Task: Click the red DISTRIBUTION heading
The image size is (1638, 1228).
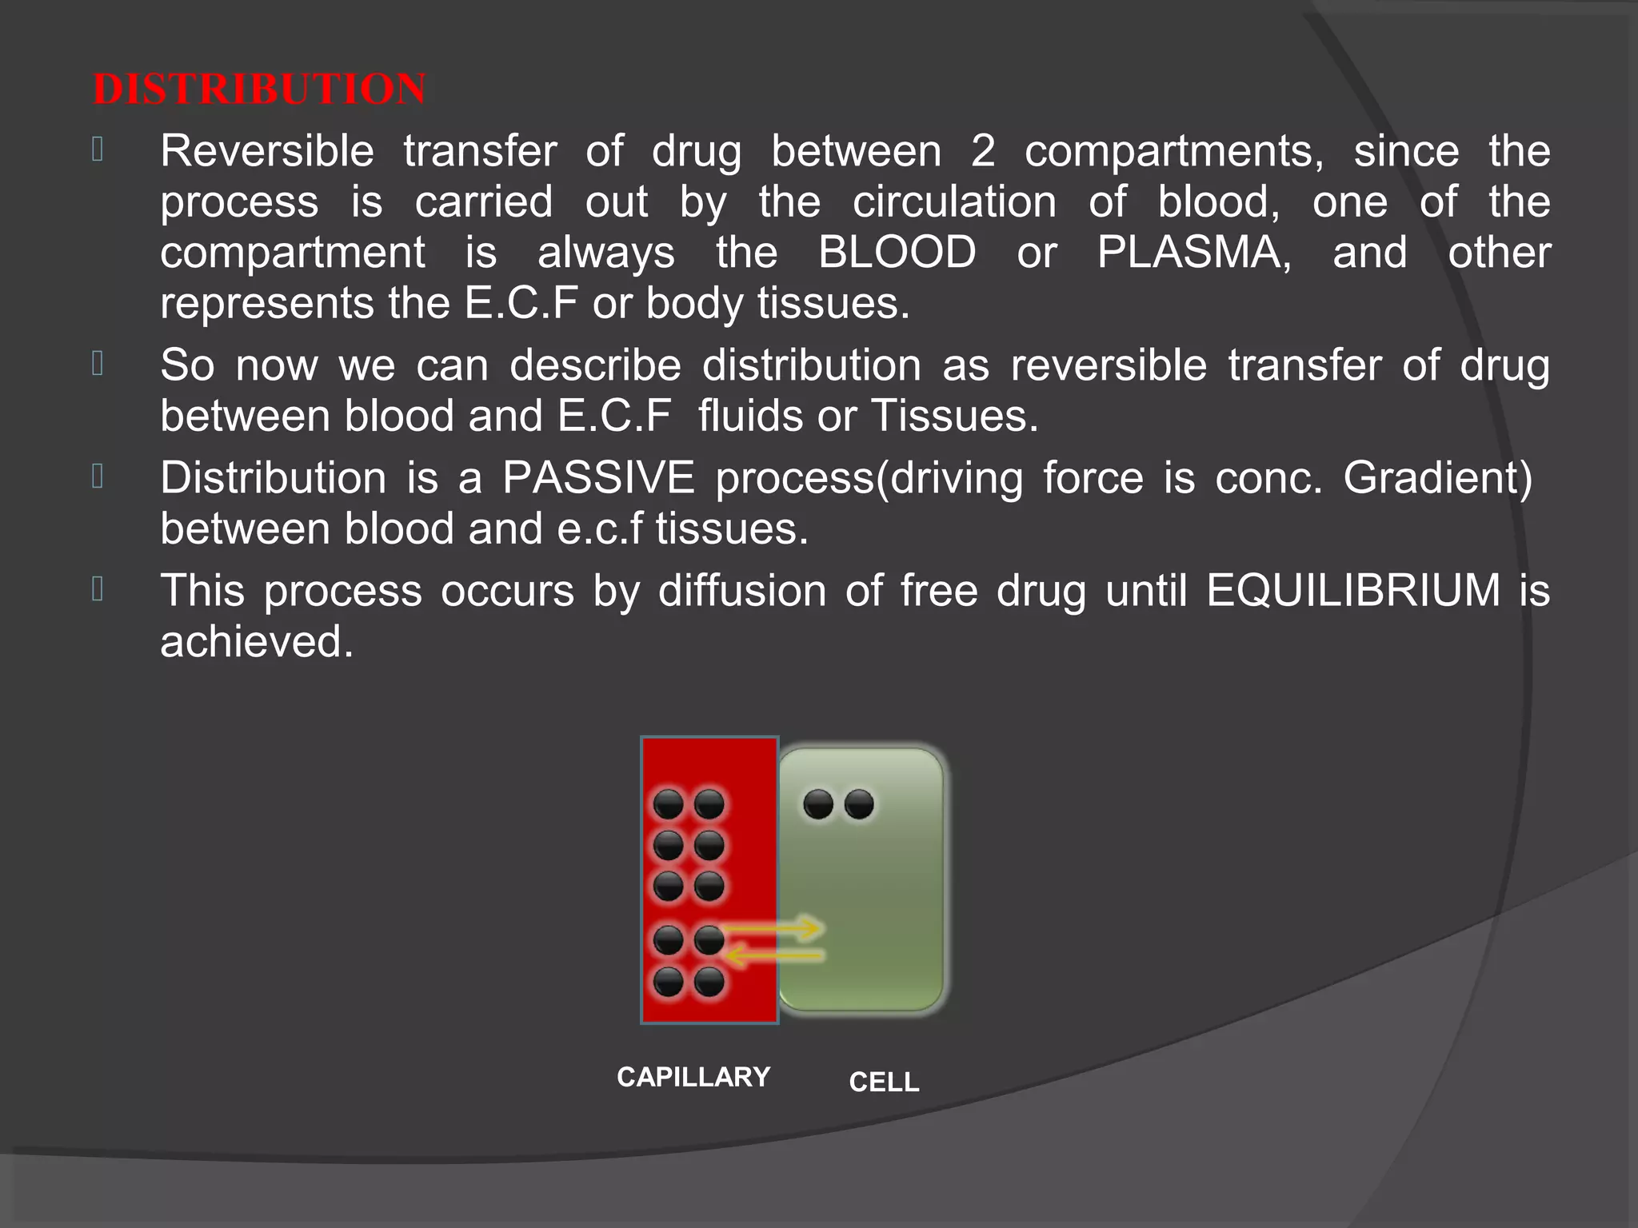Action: point(259,89)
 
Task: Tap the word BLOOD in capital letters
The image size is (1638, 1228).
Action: point(897,253)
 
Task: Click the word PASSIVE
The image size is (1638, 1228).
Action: point(598,478)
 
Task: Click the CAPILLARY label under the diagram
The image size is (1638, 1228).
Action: point(693,1077)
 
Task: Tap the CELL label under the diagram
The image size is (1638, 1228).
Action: point(884,1082)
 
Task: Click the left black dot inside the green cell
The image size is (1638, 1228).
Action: point(818,804)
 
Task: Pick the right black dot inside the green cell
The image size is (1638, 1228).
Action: point(860,804)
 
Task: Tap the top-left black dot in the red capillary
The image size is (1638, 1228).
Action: point(669,804)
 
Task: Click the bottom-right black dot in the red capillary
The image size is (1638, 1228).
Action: point(709,982)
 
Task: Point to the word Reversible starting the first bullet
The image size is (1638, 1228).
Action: point(267,151)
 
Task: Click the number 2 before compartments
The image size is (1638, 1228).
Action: point(983,151)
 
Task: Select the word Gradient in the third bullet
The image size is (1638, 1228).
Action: point(1437,478)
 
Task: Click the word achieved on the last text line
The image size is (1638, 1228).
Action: point(256,642)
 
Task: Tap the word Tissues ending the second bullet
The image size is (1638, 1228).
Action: point(954,417)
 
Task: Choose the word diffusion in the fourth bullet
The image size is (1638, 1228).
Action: point(742,591)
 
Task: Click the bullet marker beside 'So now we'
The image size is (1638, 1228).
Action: point(98,364)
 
